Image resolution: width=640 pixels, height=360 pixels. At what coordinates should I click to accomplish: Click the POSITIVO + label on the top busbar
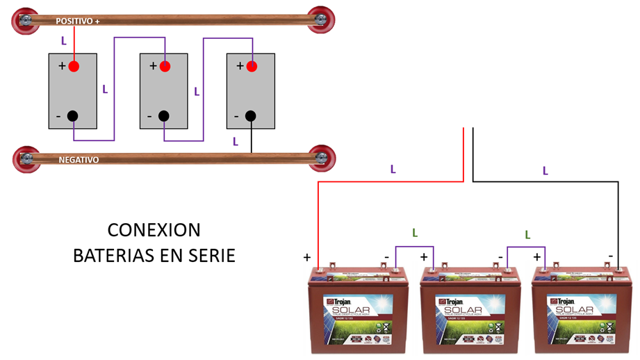(78, 22)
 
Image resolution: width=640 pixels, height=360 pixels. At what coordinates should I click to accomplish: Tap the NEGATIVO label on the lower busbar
(79, 160)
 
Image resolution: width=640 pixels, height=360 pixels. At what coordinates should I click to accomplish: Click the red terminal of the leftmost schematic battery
(74, 66)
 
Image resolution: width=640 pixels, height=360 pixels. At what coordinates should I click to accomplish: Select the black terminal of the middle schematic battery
(164, 116)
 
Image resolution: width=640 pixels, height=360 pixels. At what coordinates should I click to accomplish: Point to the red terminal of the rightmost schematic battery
(252, 66)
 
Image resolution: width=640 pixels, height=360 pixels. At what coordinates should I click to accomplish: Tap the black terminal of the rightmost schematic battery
(250, 116)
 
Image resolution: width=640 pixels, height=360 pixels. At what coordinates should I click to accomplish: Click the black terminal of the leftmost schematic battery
(73, 116)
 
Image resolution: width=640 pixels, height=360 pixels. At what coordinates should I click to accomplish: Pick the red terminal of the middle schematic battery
(164, 66)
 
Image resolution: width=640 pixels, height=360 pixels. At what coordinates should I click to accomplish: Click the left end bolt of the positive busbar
(26, 21)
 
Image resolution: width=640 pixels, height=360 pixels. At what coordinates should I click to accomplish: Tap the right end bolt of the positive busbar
(321, 20)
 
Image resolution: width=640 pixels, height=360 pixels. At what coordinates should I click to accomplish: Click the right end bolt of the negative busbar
(322, 158)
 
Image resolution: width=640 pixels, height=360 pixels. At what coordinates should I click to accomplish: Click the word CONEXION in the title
(154, 230)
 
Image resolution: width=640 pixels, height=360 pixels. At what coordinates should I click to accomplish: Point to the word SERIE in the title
(211, 256)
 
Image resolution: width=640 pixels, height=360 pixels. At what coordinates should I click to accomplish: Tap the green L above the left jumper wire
(415, 233)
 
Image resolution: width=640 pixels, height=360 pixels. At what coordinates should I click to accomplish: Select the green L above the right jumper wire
(527, 235)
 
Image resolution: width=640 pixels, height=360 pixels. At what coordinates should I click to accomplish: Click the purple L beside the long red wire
(393, 169)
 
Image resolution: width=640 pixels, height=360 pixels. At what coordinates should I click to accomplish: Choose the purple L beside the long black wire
(545, 170)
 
